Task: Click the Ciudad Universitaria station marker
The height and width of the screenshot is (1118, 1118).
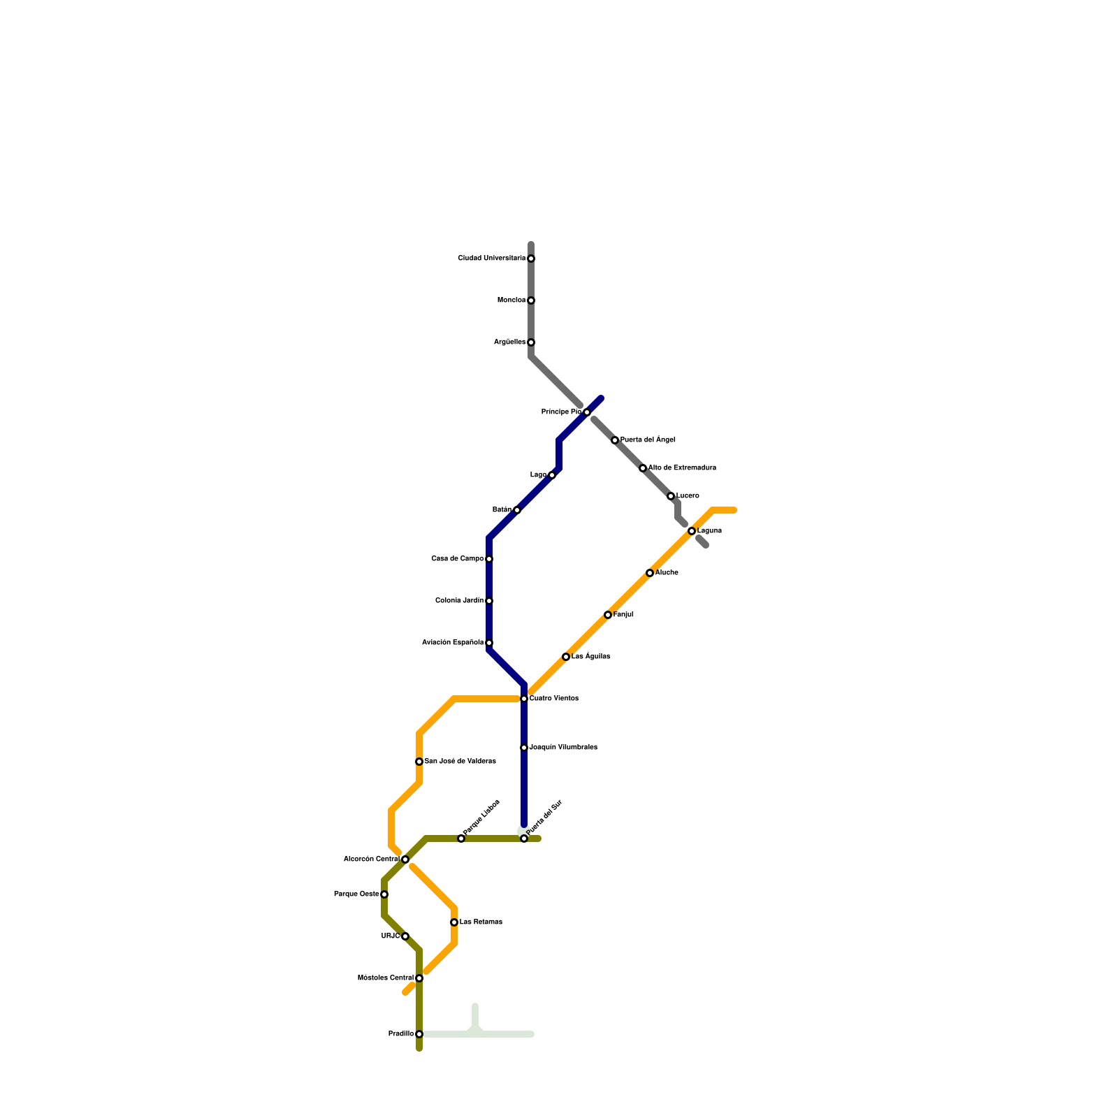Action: point(531,259)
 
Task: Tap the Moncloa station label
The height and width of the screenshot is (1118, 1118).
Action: point(511,300)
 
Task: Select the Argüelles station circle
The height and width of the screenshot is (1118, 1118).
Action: point(531,342)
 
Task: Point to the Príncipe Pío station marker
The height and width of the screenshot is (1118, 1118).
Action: point(587,412)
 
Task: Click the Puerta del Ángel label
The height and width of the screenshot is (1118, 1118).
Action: point(647,440)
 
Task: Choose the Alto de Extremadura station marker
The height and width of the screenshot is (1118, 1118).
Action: point(643,468)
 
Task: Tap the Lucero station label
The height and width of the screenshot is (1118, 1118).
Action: point(688,496)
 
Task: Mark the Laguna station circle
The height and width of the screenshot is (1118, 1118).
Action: point(692,531)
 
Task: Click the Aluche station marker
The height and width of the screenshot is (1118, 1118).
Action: point(650,573)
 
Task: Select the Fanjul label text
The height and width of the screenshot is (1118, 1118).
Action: point(623,615)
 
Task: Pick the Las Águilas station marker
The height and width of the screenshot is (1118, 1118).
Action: point(566,657)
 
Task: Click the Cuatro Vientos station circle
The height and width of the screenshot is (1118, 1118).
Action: point(524,699)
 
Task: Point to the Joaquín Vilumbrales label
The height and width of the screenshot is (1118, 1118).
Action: point(563,748)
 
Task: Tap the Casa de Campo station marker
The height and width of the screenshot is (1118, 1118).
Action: point(489,559)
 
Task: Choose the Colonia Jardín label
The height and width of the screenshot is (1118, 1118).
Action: point(459,601)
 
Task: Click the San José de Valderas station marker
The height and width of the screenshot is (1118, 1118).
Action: point(419,762)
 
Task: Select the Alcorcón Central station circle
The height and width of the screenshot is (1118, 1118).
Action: point(405,859)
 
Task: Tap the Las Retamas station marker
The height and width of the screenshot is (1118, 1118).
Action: point(454,922)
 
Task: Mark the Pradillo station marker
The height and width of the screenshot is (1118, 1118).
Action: point(419,1034)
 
